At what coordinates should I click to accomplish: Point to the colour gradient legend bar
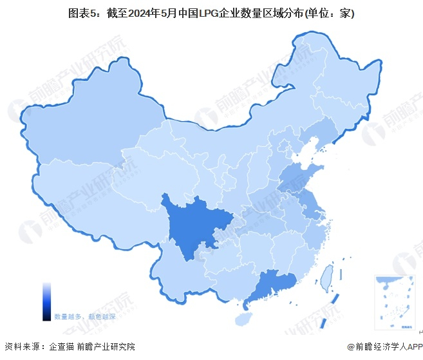[x=47, y=301]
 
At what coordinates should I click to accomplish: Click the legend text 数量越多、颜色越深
[x=85, y=317]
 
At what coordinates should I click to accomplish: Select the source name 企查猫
[x=61, y=347]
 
